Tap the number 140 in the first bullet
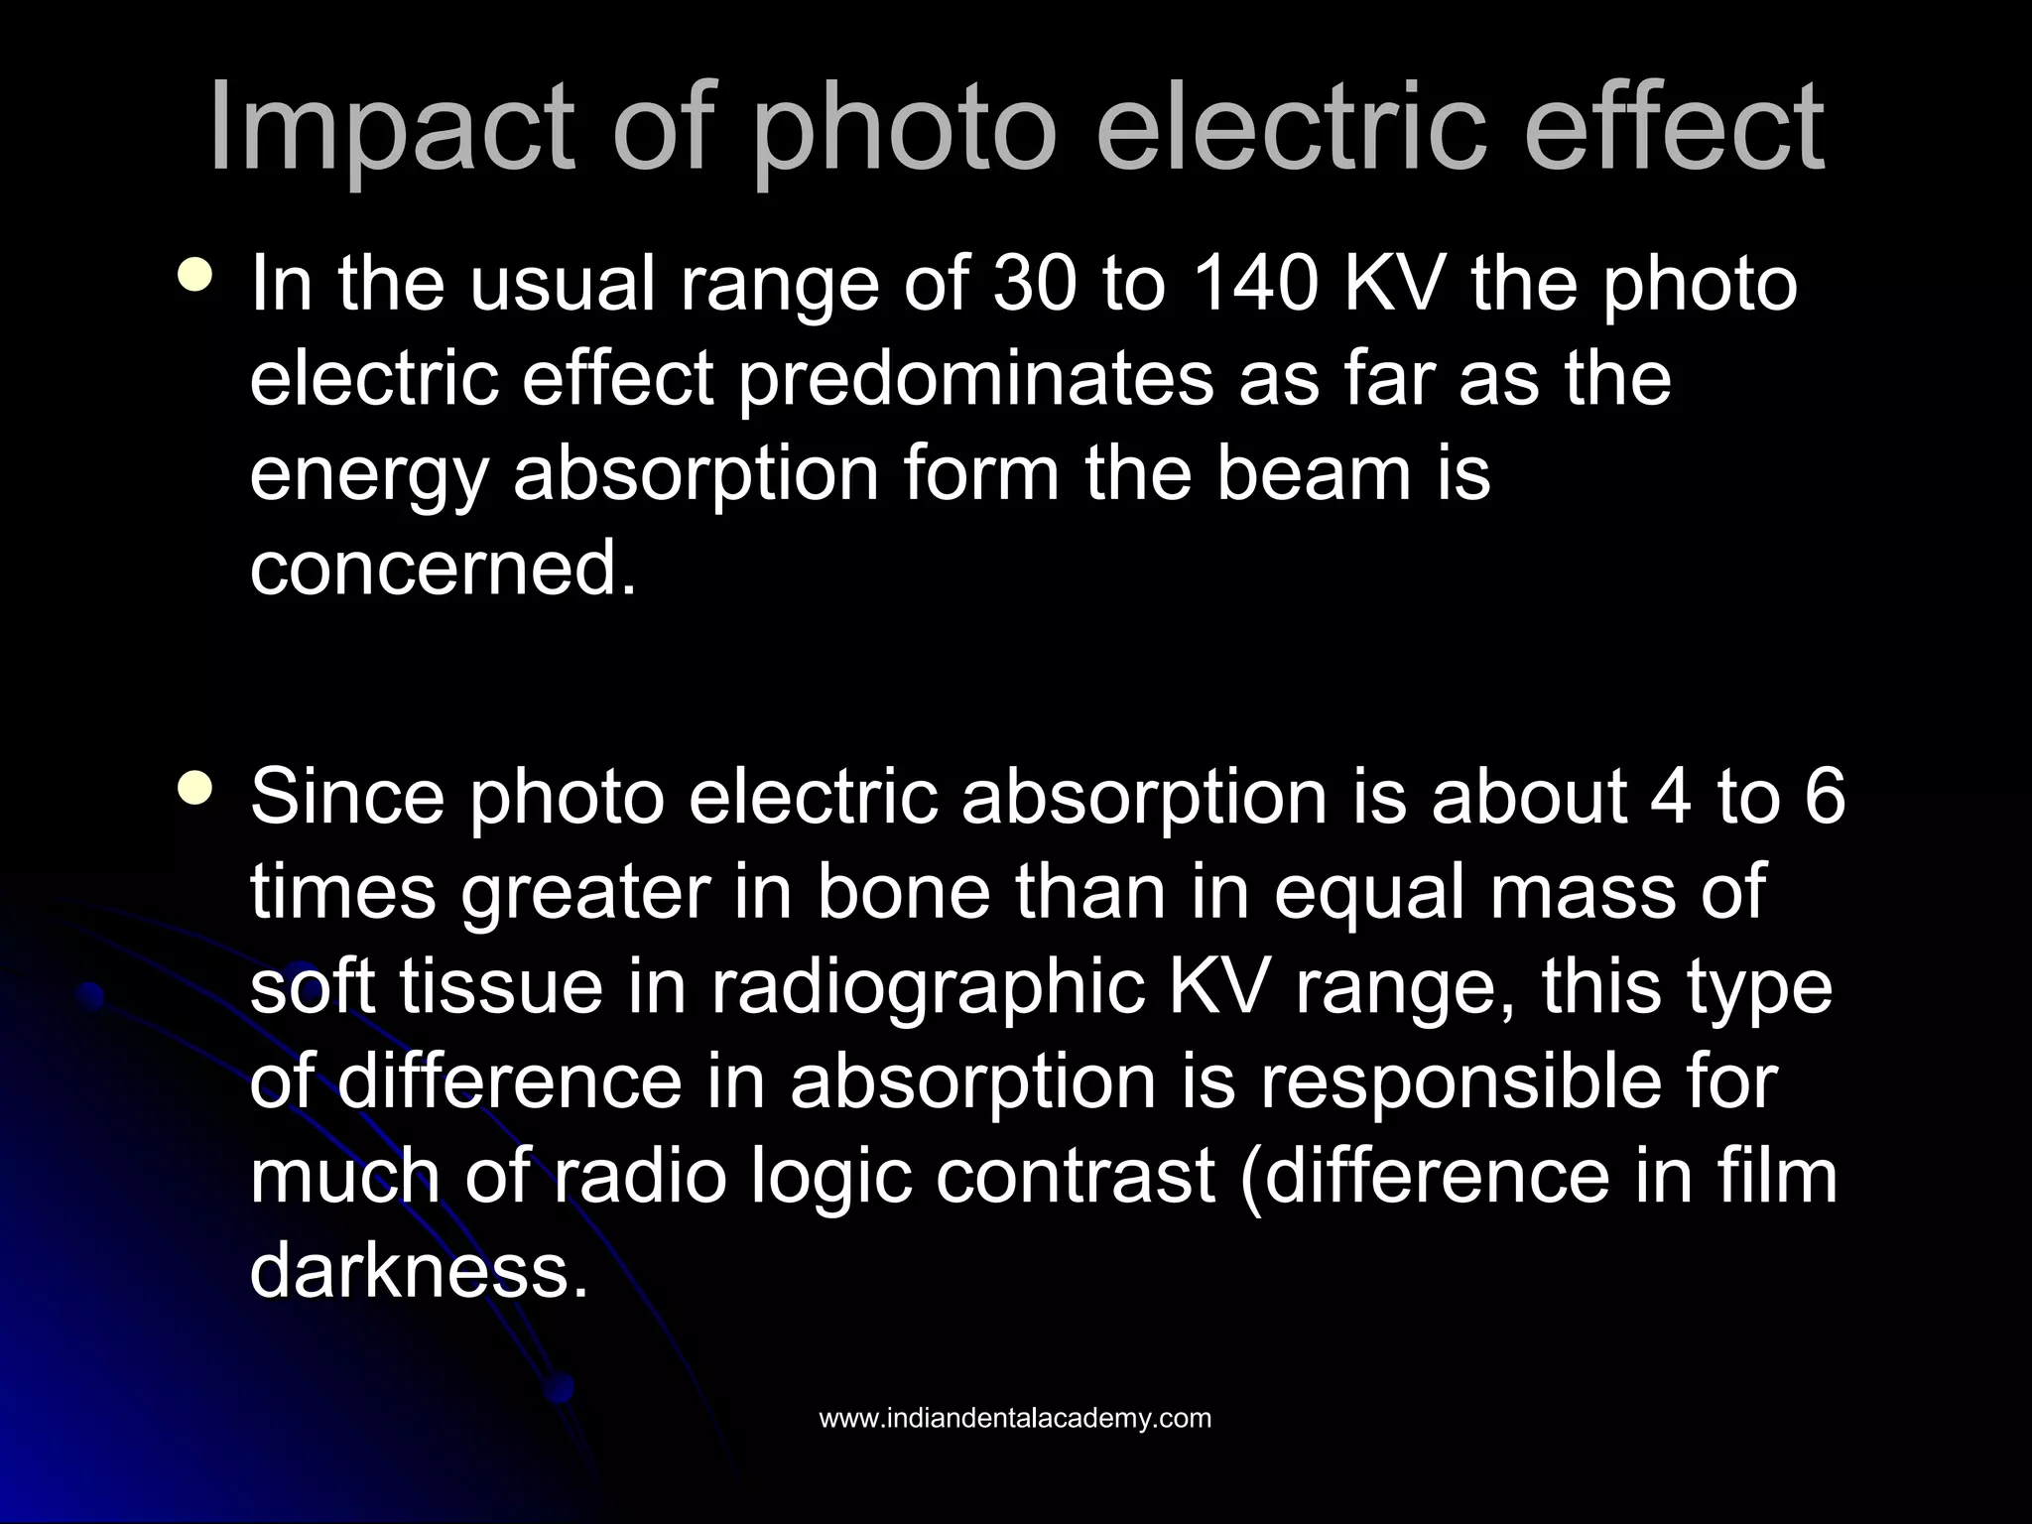(1253, 285)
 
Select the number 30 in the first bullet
(1036, 285)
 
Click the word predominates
(976, 380)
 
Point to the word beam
(1314, 474)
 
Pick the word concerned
(443, 570)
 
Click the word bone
(904, 892)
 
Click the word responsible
(1519, 1082)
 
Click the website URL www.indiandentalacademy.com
(1015, 1419)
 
